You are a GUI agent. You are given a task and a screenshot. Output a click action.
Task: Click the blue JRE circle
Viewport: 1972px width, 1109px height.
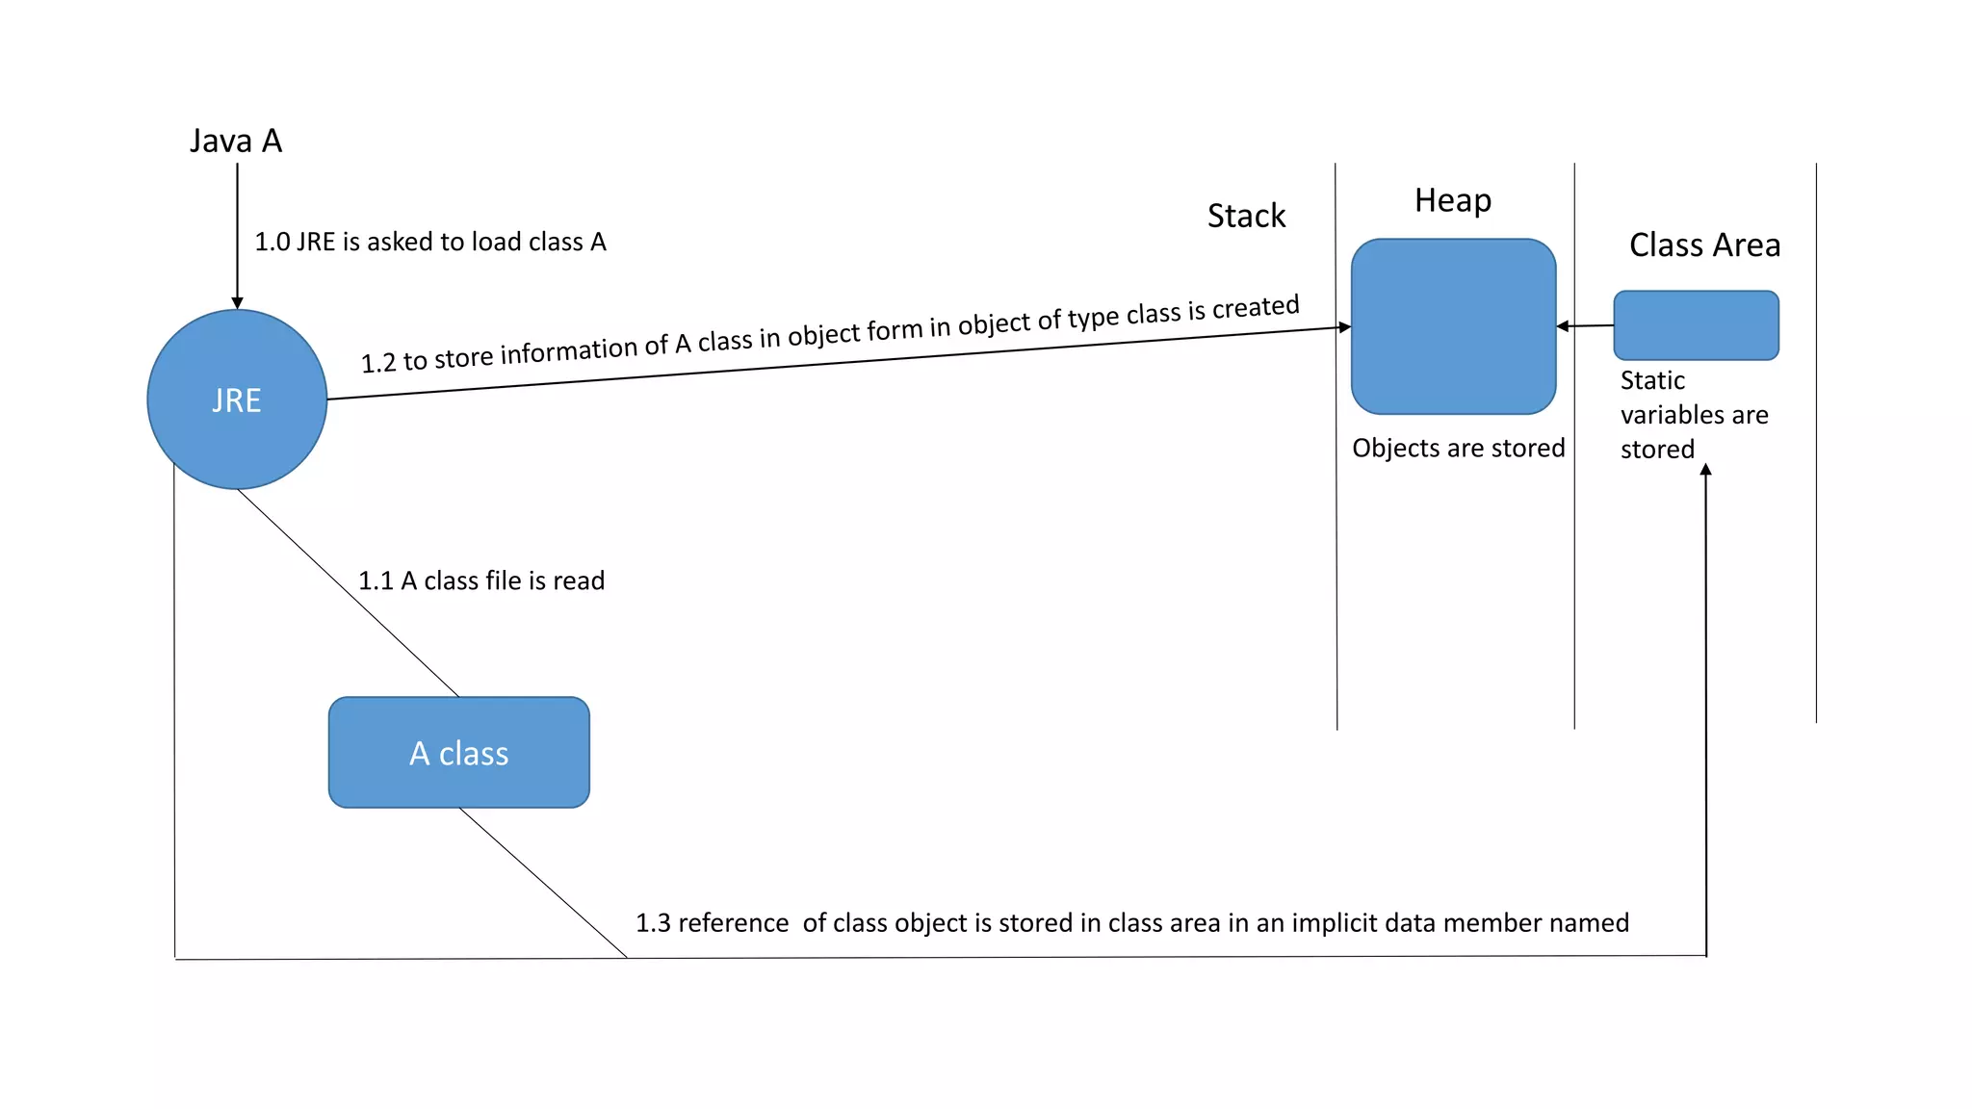tap(237, 400)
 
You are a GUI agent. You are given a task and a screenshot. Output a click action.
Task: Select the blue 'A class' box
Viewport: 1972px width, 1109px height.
tap(458, 753)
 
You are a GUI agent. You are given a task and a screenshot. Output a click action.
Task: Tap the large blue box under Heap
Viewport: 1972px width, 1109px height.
tap(1453, 326)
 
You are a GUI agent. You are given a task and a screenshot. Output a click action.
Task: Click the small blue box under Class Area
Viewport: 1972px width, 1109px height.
tap(1696, 325)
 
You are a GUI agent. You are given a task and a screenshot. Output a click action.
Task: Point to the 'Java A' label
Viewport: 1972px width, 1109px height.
tap(236, 142)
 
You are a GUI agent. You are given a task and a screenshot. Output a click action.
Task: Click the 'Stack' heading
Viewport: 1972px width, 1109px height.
tap(1246, 216)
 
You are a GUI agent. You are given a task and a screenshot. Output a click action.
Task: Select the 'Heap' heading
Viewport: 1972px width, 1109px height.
tap(1452, 200)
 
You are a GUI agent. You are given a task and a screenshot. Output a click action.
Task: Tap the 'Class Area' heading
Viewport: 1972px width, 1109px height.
tap(1704, 245)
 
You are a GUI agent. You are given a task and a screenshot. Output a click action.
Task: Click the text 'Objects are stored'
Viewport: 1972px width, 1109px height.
tap(1458, 448)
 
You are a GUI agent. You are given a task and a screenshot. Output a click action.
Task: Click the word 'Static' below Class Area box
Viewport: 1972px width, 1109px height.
tap(1652, 380)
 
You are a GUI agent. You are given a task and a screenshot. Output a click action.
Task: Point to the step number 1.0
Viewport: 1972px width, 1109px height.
tap(272, 242)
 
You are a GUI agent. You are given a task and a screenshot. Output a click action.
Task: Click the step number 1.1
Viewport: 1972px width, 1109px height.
tap(376, 580)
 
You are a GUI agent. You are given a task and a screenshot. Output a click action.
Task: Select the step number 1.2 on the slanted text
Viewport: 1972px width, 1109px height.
tap(378, 363)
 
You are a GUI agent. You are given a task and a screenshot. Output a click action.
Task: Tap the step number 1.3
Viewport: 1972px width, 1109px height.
tap(653, 923)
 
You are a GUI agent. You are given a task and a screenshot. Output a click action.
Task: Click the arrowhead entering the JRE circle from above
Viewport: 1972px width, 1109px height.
tap(237, 303)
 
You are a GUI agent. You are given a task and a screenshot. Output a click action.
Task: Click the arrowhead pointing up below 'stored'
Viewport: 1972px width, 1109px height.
tap(1705, 470)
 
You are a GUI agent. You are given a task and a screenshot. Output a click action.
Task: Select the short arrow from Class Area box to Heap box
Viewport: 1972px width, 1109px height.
tap(1585, 326)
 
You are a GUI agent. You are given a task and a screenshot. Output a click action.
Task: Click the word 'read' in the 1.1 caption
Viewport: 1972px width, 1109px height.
tap(579, 580)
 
